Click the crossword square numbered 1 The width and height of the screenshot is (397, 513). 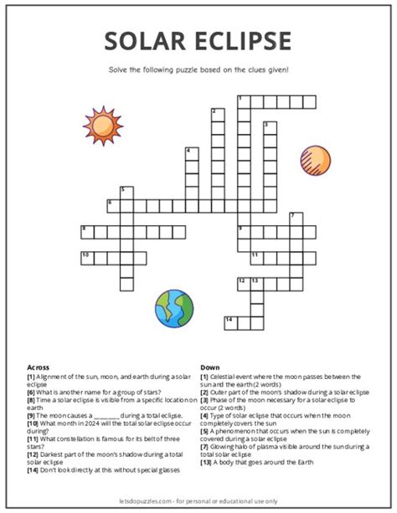[243, 101]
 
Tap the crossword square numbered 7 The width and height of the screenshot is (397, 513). [295, 218]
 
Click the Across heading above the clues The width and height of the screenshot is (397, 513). [39, 367]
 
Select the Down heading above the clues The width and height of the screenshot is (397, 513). [209, 367]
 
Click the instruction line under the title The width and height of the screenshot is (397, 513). [198, 69]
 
